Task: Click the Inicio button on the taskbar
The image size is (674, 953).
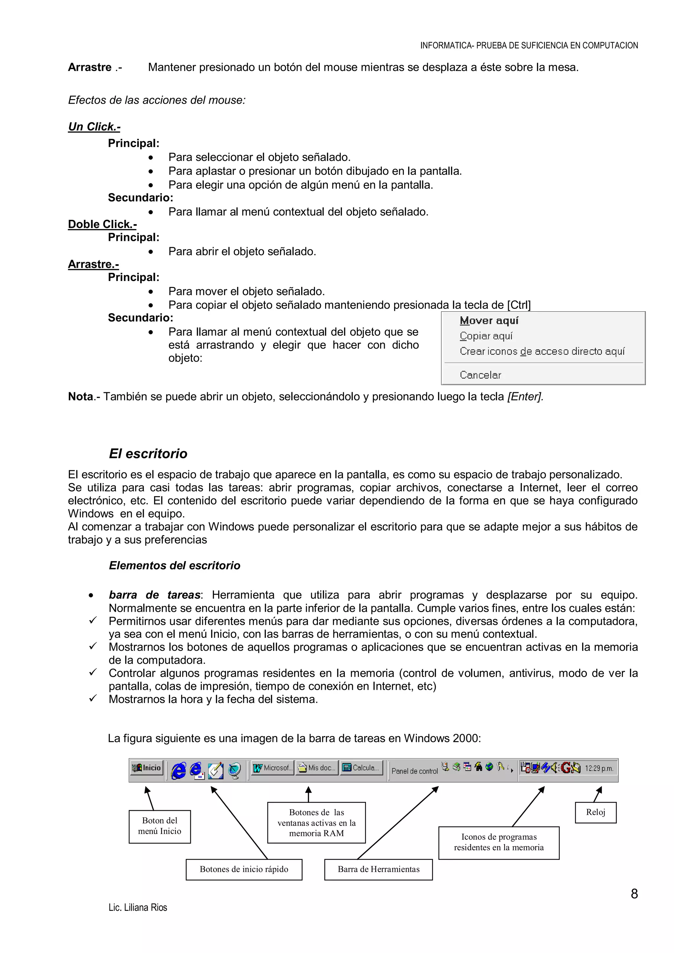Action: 146,768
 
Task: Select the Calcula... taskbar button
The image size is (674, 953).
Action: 361,768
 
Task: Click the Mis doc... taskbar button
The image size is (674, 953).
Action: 317,768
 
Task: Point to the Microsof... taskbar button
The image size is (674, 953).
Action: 273,768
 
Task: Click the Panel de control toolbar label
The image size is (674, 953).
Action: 414,771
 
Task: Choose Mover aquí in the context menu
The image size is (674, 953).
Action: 489,321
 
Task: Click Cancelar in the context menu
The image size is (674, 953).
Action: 480,375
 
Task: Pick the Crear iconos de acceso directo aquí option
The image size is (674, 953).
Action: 542,351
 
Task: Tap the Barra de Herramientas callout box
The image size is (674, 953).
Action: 378,869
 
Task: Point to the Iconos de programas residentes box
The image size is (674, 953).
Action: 499,842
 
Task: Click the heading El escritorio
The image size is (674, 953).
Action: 148,454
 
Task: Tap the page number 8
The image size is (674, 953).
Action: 634,894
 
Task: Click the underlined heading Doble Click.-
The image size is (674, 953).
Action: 102,224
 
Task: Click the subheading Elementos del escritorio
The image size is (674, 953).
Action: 174,566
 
